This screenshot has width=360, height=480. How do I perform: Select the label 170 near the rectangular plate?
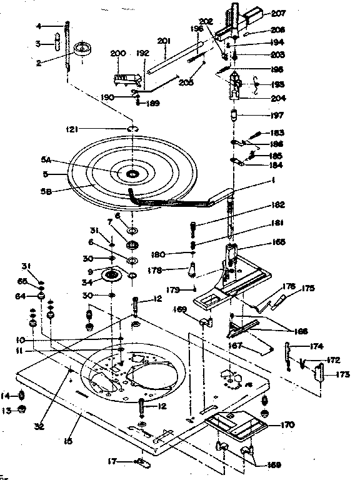[x=287, y=426]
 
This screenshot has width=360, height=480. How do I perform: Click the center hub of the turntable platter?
[x=132, y=173]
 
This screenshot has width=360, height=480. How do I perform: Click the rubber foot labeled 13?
[x=22, y=409]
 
